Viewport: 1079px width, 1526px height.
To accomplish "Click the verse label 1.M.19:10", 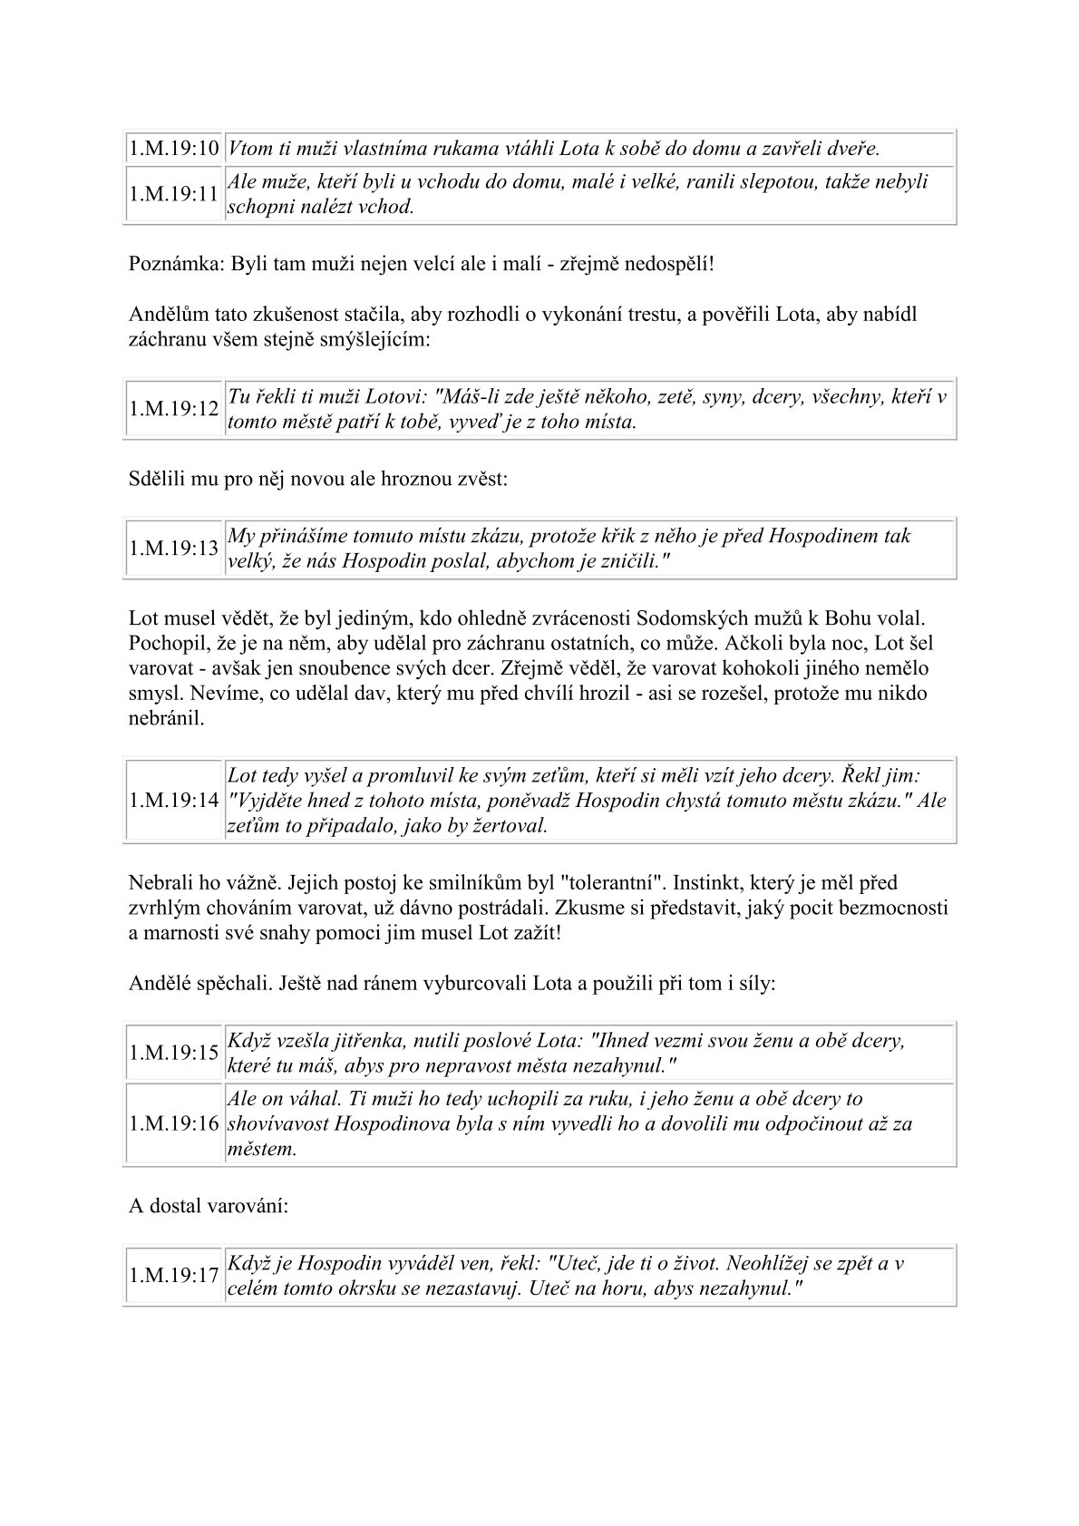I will coord(174,148).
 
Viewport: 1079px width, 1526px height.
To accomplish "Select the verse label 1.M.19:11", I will coord(174,194).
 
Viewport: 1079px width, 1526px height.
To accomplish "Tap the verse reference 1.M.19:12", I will coord(174,409).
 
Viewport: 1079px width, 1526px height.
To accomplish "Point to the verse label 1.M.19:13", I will coord(174,548).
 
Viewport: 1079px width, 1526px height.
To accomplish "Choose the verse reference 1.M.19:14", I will coord(174,801).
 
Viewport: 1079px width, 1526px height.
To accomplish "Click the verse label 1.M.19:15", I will coord(174,1053).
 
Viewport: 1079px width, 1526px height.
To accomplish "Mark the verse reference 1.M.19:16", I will coord(174,1123).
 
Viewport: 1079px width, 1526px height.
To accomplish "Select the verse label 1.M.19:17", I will coord(174,1276).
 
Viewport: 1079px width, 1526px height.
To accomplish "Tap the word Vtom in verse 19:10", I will coord(249,148).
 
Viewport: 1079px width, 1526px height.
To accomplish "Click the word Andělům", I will coord(166,315).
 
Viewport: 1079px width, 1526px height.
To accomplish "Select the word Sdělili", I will coord(156,479).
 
